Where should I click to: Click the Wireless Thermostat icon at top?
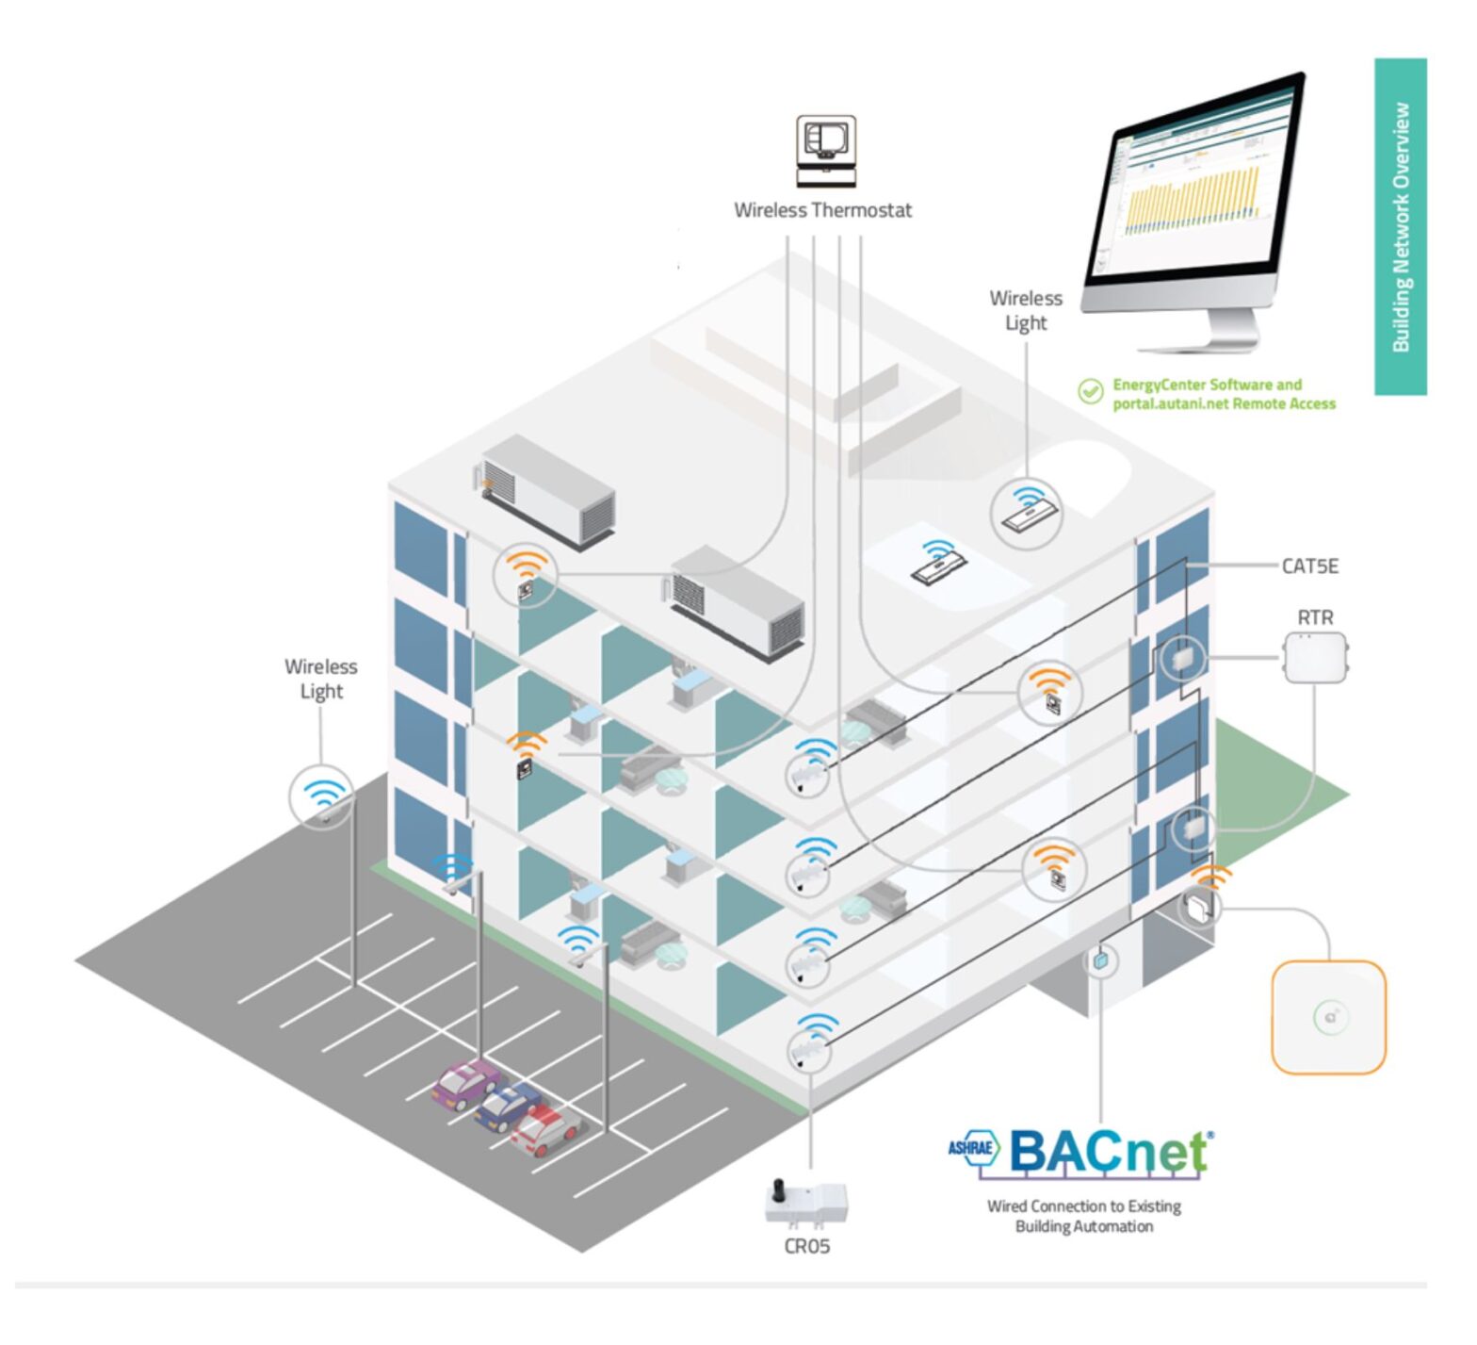[825, 151]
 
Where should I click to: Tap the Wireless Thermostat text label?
[822, 210]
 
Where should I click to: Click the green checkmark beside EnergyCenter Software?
[1091, 391]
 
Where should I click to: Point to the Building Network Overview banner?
[1401, 226]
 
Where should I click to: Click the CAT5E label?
[1309, 566]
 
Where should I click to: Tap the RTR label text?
[1315, 617]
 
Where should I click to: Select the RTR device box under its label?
[1316, 657]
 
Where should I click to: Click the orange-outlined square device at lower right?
[1328, 1017]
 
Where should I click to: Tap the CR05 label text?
[807, 1247]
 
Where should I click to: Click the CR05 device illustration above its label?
[806, 1203]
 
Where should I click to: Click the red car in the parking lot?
[544, 1130]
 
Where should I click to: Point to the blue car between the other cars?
[507, 1107]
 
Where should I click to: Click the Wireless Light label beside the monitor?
[1026, 310]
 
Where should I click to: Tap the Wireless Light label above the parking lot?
[321, 679]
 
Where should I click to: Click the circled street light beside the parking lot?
[322, 797]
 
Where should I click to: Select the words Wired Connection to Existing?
[1083, 1206]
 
